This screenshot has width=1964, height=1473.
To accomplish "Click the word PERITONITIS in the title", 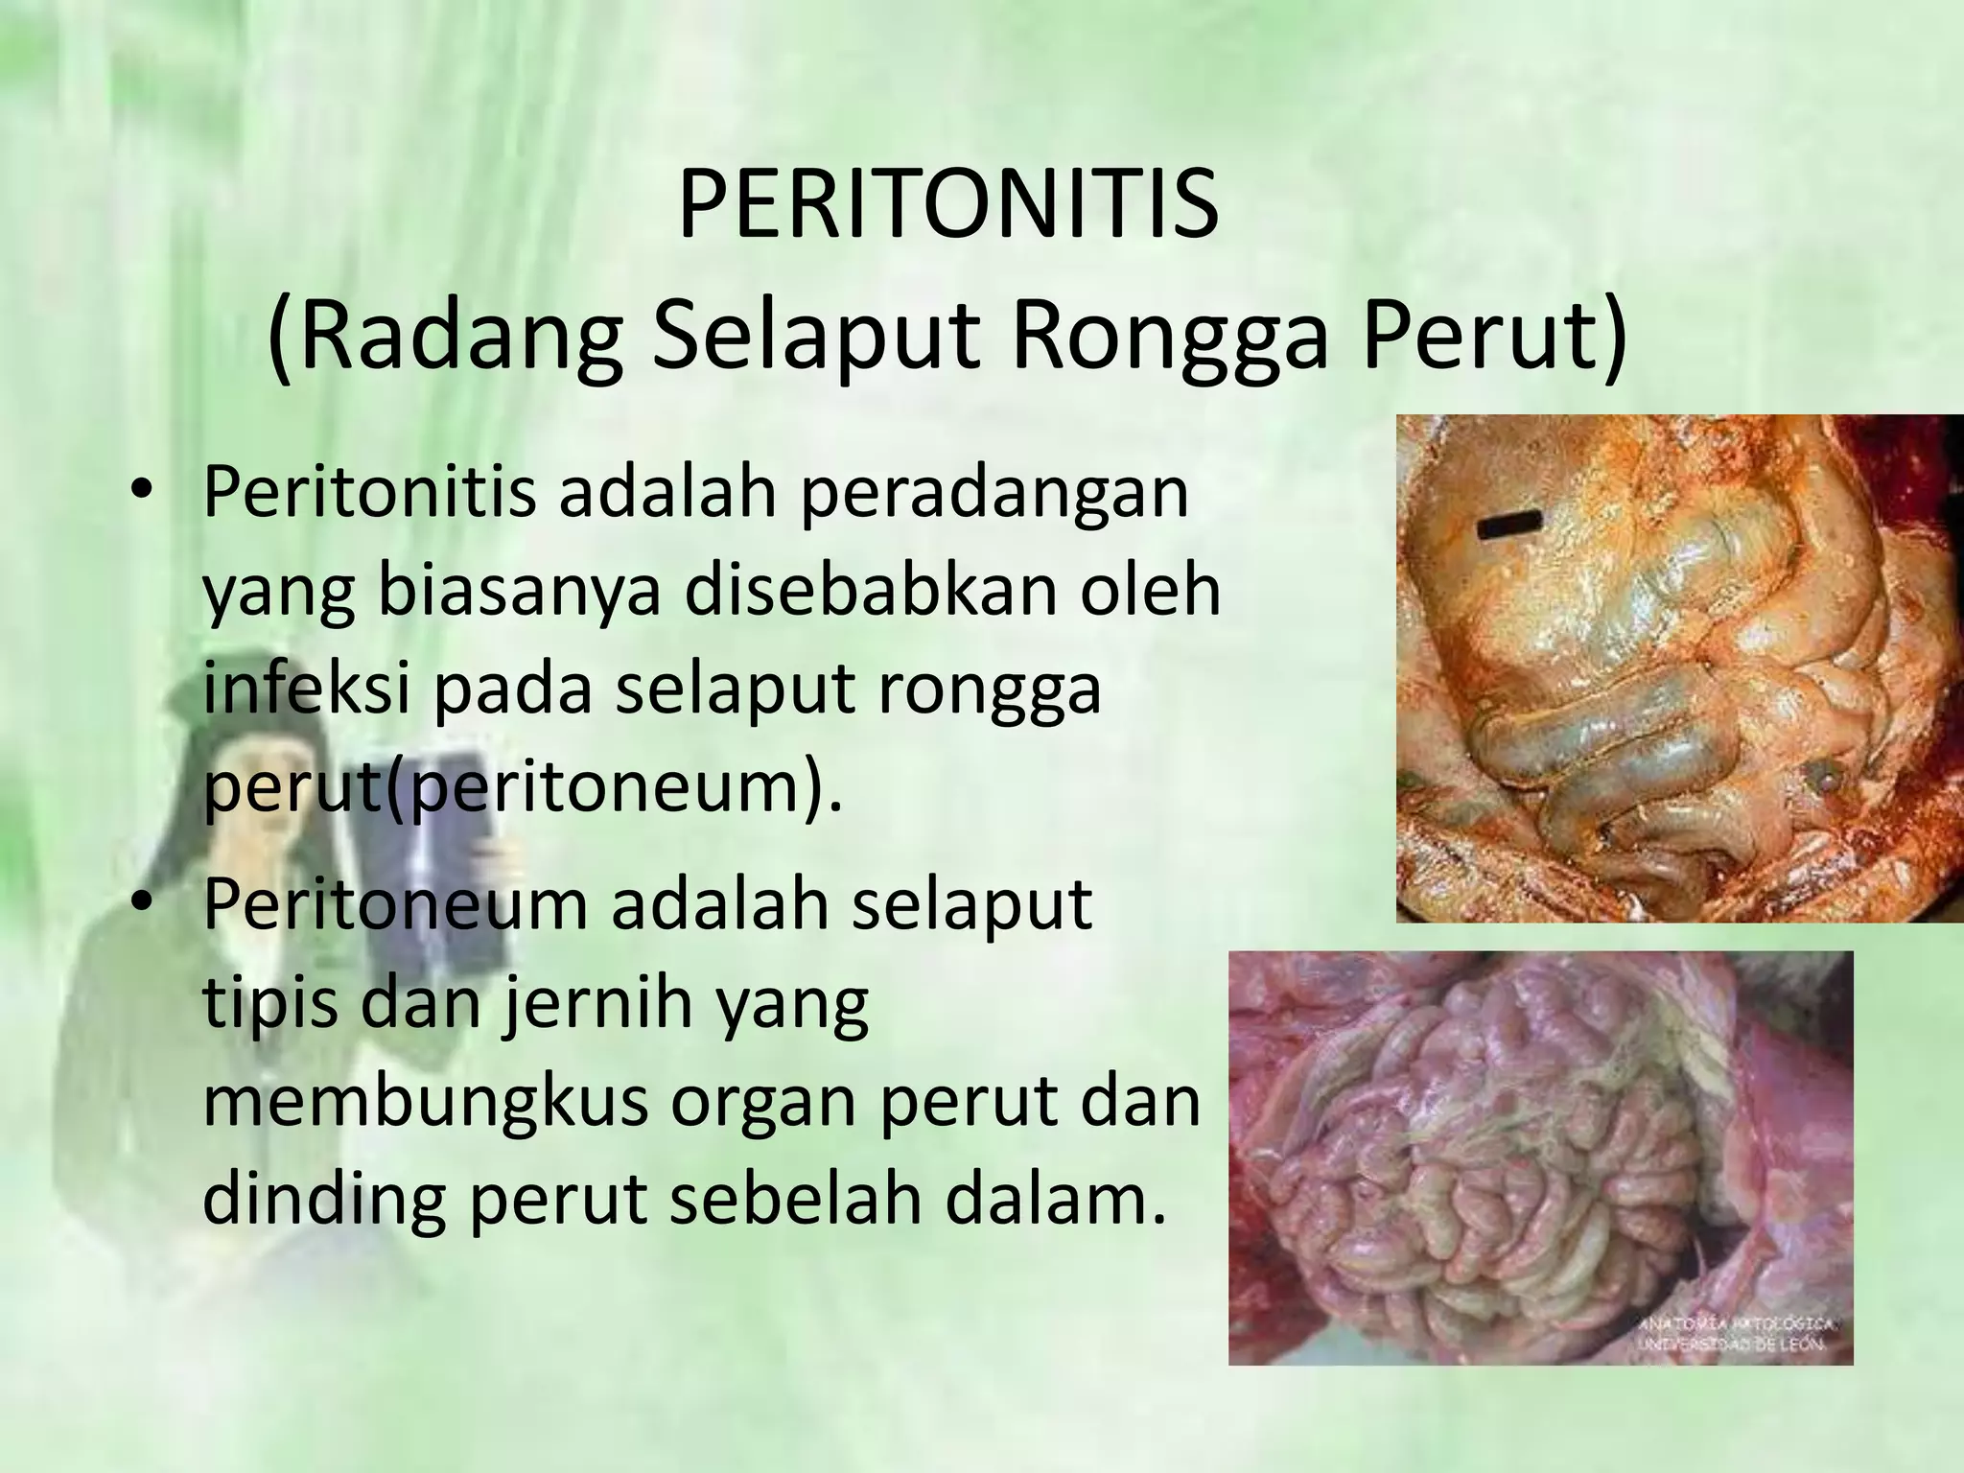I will pos(947,206).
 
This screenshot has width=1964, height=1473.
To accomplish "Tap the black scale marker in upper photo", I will pos(1509,524).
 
